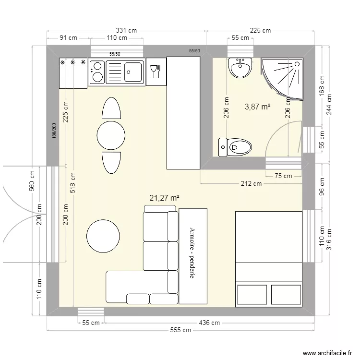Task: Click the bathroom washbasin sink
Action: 240,68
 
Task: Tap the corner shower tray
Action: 283,77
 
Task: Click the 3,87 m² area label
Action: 257,107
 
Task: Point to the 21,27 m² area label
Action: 165,197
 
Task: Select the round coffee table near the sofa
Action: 103,236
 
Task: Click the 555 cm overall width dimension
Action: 181,330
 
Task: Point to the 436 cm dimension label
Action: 209,323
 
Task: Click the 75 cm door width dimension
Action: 284,176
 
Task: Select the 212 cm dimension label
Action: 251,183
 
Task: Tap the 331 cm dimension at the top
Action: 127,30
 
